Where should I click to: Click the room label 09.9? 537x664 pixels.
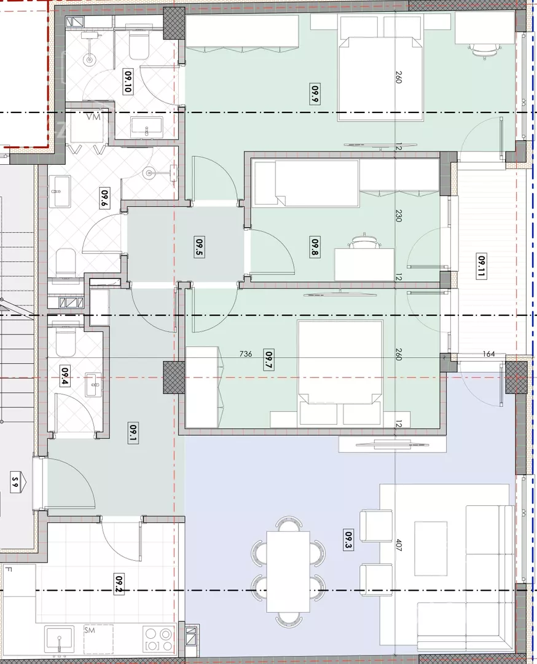(x=315, y=94)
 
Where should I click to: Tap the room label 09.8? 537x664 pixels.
(x=315, y=248)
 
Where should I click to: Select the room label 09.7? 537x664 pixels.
(x=268, y=360)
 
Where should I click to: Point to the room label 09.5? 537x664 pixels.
(x=199, y=247)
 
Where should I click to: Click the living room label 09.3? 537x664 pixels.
(x=348, y=541)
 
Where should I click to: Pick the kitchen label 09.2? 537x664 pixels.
(x=119, y=584)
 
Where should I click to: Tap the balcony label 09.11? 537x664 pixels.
(x=481, y=266)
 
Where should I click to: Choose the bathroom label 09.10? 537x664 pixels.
(x=128, y=82)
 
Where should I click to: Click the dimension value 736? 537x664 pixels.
(x=245, y=354)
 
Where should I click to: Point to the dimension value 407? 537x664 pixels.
(x=398, y=545)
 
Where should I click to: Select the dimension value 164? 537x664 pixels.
(x=488, y=354)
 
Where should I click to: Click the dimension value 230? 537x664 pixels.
(x=398, y=216)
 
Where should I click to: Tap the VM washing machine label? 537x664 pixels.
(x=93, y=116)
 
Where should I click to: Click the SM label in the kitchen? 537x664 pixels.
(x=90, y=630)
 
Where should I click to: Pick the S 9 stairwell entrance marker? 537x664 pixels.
(x=15, y=483)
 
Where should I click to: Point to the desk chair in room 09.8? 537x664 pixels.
(x=364, y=242)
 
